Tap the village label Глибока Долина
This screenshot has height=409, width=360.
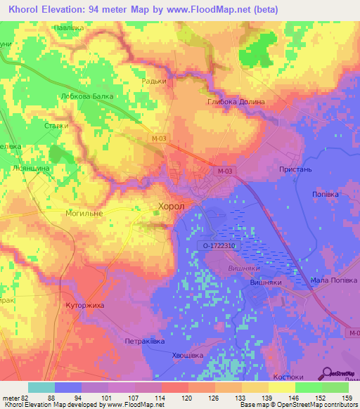point(236,102)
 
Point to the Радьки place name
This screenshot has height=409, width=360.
point(153,81)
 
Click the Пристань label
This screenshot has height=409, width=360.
point(295,170)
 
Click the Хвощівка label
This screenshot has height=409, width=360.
point(188,356)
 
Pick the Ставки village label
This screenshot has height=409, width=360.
point(56,126)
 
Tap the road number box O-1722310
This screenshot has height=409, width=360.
point(219,246)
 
